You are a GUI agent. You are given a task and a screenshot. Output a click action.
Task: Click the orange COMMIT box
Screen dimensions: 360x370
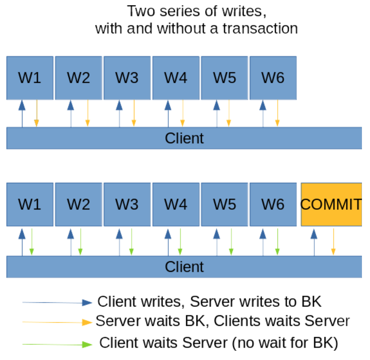[x=331, y=205]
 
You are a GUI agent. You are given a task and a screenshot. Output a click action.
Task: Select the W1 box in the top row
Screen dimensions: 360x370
[x=30, y=78]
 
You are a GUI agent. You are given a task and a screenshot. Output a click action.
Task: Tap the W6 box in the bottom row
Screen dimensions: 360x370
[x=273, y=205]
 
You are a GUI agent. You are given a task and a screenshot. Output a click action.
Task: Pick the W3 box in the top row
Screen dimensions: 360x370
[x=127, y=78]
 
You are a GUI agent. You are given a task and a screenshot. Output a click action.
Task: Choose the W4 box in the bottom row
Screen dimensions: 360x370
[x=176, y=205]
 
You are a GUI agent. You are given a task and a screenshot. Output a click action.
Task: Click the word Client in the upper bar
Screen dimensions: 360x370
[x=184, y=138]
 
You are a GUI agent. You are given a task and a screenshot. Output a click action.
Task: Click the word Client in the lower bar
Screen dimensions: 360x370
[x=184, y=267]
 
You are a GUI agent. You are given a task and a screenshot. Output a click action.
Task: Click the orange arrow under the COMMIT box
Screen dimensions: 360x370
[x=333, y=241]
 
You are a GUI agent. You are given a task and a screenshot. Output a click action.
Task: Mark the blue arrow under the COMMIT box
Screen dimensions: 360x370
[x=314, y=241]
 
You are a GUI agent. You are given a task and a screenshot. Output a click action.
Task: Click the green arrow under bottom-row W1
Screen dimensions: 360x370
[x=31, y=241]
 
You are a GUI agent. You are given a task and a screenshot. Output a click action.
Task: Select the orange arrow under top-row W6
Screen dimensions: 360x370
[x=277, y=113]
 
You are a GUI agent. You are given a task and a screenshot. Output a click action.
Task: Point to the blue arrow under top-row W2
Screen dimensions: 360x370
[x=71, y=113]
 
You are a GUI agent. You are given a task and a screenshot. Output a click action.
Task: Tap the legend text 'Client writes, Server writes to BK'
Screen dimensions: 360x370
[x=210, y=301]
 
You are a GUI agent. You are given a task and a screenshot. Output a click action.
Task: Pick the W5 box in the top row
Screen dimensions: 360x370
[x=224, y=78]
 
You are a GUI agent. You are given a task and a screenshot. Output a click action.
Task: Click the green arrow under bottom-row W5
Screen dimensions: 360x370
[x=231, y=241]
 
